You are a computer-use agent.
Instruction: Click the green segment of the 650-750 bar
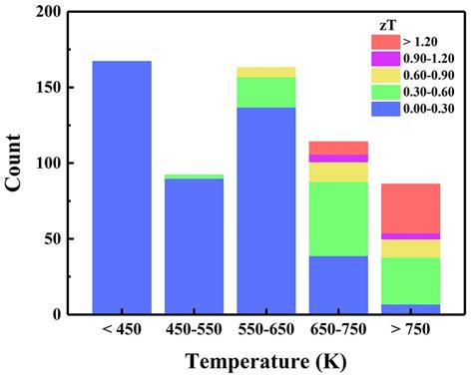pyautogui.click(x=338, y=218)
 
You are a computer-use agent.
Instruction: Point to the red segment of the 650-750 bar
pyautogui.click(x=338, y=148)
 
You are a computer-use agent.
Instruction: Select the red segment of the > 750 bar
pyautogui.click(x=411, y=207)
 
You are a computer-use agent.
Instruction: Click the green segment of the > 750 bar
pyautogui.click(x=411, y=280)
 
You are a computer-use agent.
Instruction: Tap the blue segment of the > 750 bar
pyautogui.click(x=411, y=309)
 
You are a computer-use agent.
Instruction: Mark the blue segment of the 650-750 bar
pyautogui.click(x=338, y=284)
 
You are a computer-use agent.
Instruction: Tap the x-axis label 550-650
pyautogui.click(x=266, y=330)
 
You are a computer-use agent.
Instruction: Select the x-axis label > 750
pyautogui.click(x=411, y=330)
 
